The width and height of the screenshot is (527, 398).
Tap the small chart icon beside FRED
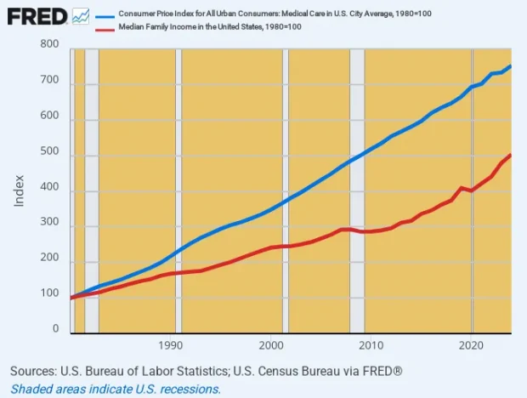81,16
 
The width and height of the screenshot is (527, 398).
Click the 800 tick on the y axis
48,44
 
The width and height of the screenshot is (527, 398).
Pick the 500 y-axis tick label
48,151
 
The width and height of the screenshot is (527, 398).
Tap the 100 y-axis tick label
48,293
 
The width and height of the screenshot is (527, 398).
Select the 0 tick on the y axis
54,329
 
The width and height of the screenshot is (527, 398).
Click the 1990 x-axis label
171,346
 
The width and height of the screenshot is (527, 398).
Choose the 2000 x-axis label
270,346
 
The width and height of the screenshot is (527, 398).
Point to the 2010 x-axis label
370,346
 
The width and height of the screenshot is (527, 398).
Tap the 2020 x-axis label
470,346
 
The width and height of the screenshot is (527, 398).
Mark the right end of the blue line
510,66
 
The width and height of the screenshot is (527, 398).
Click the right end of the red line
510,156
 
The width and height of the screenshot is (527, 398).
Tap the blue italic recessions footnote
116,389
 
